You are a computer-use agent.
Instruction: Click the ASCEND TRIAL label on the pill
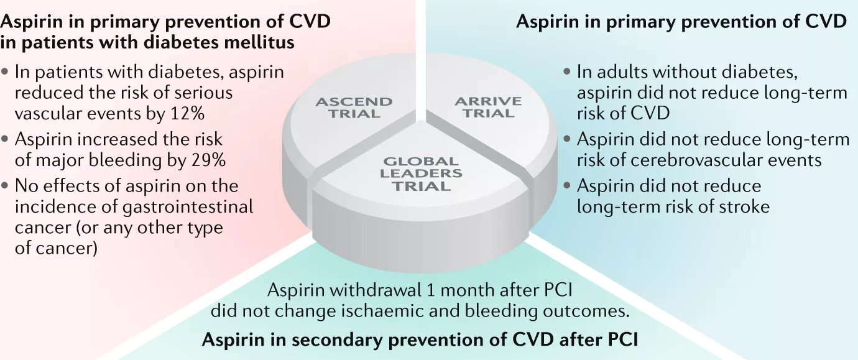354,108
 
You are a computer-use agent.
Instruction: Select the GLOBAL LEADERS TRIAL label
421,173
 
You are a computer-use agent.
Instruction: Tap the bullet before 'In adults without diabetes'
566,72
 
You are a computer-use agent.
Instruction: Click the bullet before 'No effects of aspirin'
6,185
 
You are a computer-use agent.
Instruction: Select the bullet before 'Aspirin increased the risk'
6,139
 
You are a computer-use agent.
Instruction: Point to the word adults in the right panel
622,72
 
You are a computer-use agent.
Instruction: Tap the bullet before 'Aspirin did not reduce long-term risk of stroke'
566,185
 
